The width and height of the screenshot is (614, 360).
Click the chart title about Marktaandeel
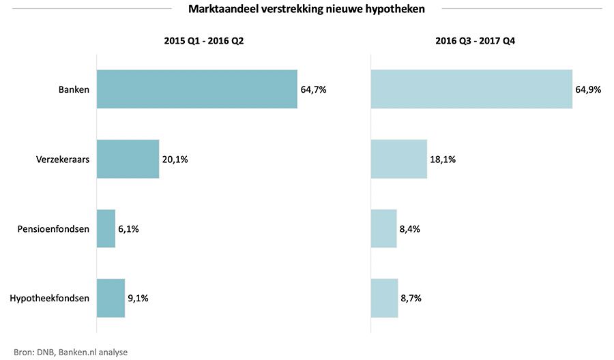tap(306, 9)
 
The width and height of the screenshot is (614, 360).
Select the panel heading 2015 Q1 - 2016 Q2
tap(204, 41)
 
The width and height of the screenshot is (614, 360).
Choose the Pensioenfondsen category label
tap(54, 229)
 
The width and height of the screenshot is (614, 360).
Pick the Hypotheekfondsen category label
tap(50, 299)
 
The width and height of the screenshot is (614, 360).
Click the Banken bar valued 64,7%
tap(196, 89)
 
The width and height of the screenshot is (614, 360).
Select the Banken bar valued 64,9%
tap(471, 89)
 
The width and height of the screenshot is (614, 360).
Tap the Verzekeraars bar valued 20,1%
tap(128, 160)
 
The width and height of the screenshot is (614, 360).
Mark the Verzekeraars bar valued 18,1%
tap(398, 160)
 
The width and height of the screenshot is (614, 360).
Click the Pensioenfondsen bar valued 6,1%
tap(106, 229)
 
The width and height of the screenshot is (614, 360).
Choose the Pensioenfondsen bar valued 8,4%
tap(383, 229)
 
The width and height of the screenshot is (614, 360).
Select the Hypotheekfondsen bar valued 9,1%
tap(111, 299)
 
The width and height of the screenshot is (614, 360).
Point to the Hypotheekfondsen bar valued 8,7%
tap(384, 299)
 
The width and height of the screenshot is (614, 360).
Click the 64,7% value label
tap(313, 89)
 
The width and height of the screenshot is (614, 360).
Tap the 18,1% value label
tap(443, 160)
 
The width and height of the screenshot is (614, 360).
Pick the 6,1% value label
tap(128, 229)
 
